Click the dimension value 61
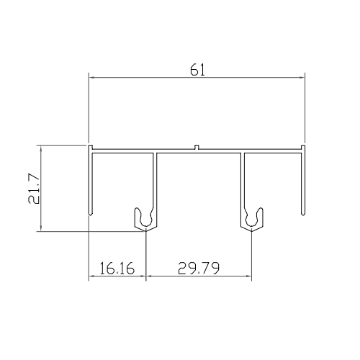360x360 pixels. (x=196, y=70)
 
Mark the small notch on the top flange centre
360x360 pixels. (x=197, y=149)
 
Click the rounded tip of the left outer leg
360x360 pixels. (x=89, y=213)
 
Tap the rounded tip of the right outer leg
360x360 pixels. (x=302, y=213)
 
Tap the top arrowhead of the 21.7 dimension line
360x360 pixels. (x=41, y=147)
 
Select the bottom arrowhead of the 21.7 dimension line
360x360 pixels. (x=41, y=231)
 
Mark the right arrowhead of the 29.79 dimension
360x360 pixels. (x=251, y=277)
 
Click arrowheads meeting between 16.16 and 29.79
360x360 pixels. (x=145, y=277)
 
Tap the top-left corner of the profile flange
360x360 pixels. (x=89, y=146)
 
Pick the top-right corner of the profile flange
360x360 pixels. (x=305, y=146)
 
